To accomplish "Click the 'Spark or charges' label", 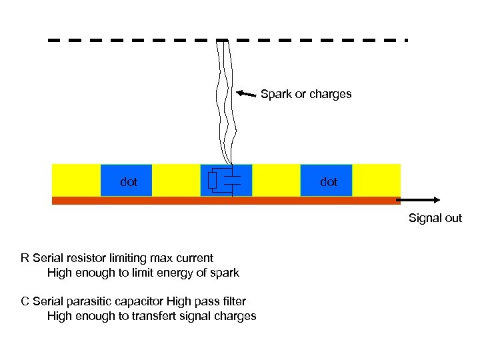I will (306, 94).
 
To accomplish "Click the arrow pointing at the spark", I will (247, 94).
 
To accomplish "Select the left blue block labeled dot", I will (126, 181).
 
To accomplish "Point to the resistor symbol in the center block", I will (212, 181).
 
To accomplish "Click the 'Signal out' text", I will (435, 218).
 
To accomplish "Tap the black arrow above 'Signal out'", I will (420, 199).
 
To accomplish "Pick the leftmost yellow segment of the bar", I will (76, 180).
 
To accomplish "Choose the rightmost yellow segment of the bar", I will (376, 180).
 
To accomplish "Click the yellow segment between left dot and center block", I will (176, 180).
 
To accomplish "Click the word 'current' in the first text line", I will (194, 258).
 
